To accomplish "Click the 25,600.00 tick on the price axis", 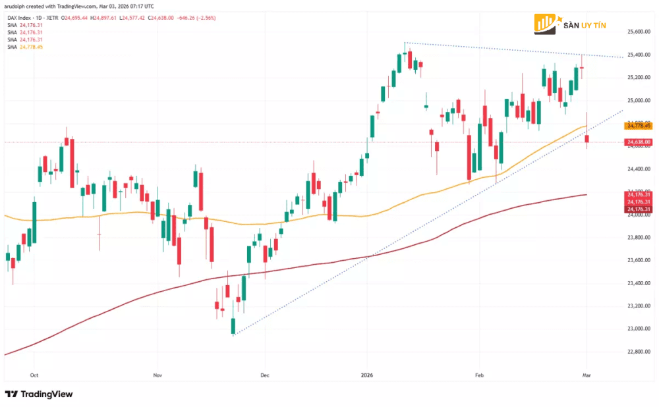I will [x=638, y=32].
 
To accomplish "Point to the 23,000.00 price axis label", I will [x=638, y=329].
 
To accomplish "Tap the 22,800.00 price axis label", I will [x=638, y=352].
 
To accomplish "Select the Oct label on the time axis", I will [x=34, y=375].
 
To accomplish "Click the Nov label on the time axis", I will [x=157, y=375].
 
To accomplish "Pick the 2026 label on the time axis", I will [x=368, y=375].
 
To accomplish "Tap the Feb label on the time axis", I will [x=479, y=375].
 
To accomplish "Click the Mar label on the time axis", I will [x=586, y=375].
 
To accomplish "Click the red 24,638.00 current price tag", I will [x=639, y=142].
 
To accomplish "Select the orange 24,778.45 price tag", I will [x=639, y=125].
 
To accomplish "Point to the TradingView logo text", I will [x=46, y=394].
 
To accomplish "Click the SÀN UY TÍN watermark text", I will [x=585, y=26].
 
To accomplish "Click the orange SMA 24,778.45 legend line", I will [x=24, y=47].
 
